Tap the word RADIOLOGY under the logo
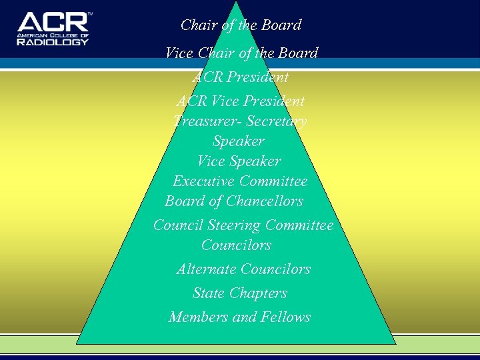pos(53,41)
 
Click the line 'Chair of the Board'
pos(241,25)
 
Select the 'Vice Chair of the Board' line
pos(241,53)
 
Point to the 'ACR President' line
pos(240,77)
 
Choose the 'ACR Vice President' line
pos(240,101)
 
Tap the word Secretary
pos(277,121)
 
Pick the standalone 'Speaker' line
pos(238,141)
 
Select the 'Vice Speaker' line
pos(239,161)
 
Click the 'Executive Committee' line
pos(240,181)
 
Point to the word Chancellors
pos(265,201)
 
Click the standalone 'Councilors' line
pos(236,245)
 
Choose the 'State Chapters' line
pos(240,293)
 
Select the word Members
pos(198,317)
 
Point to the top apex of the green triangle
pos(236,3)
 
